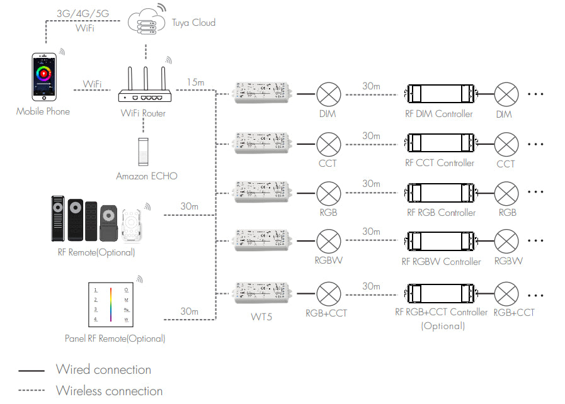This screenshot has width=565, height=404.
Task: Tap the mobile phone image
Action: tap(44, 76)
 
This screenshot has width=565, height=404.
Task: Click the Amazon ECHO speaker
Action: tap(144, 151)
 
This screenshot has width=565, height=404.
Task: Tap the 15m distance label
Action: tap(195, 82)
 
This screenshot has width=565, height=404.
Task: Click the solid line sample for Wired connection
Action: tap(31, 371)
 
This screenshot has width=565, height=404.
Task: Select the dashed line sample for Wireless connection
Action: tap(31, 391)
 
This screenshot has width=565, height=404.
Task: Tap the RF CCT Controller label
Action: tap(440, 163)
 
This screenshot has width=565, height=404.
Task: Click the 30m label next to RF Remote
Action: tap(189, 206)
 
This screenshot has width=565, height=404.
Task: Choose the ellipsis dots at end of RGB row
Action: tap(535, 193)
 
